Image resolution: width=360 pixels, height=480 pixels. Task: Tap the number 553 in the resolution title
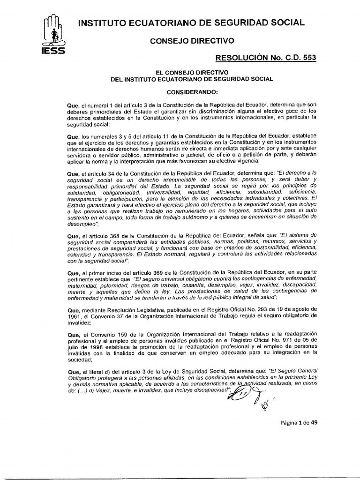click(x=308, y=58)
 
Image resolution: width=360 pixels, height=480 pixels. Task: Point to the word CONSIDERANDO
click(x=192, y=92)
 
